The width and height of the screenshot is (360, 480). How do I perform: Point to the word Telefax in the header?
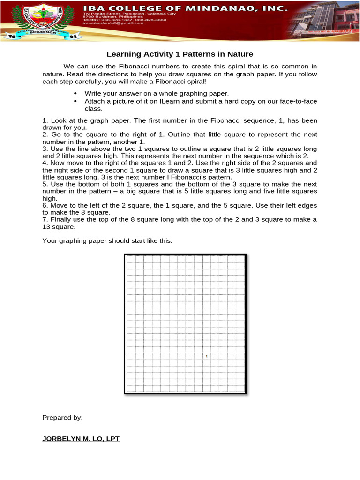click(90, 25)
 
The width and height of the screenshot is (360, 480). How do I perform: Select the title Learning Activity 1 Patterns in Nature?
click(180, 54)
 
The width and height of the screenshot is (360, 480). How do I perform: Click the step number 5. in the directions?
click(45, 184)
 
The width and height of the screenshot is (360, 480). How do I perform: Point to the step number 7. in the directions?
click(45, 219)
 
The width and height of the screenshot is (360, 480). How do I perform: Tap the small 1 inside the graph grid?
click(206, 357)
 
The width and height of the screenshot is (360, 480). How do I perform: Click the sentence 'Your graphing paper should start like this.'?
click(107, 240)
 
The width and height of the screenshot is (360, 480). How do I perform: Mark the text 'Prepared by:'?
click(62, 417)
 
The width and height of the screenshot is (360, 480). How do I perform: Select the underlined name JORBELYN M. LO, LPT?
click(81, 439)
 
